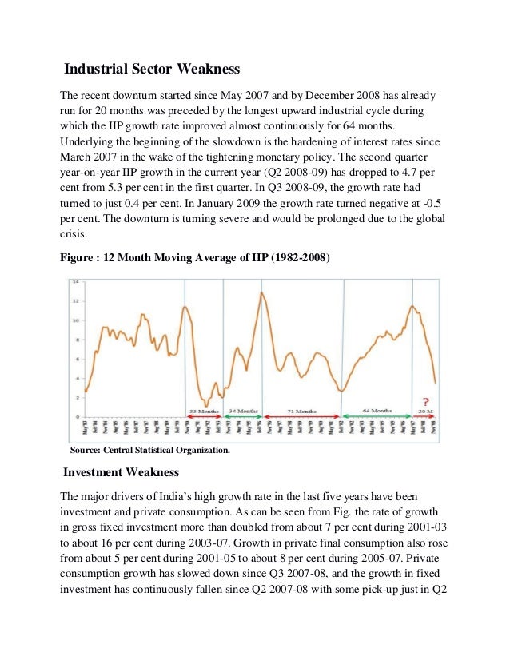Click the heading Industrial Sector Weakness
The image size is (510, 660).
click(152, 70)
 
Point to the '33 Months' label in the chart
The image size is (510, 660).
click(203, 411)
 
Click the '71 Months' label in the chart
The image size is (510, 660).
click(302, 411)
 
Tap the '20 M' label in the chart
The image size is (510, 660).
click(427, 411)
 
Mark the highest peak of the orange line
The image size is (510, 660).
click(261, 292)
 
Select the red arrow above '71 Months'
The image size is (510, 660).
click(302, 416)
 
